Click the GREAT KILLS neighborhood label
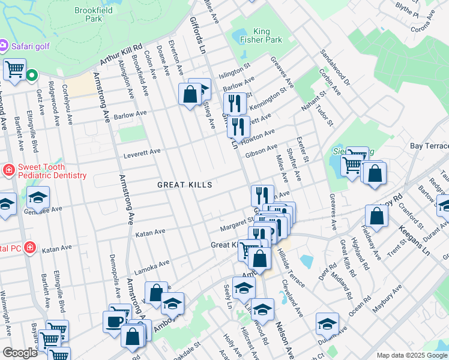tap(184, 185)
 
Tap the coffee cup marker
tap(113, 322)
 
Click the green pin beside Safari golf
tap(31, 76)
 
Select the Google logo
tap(20, 353)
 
